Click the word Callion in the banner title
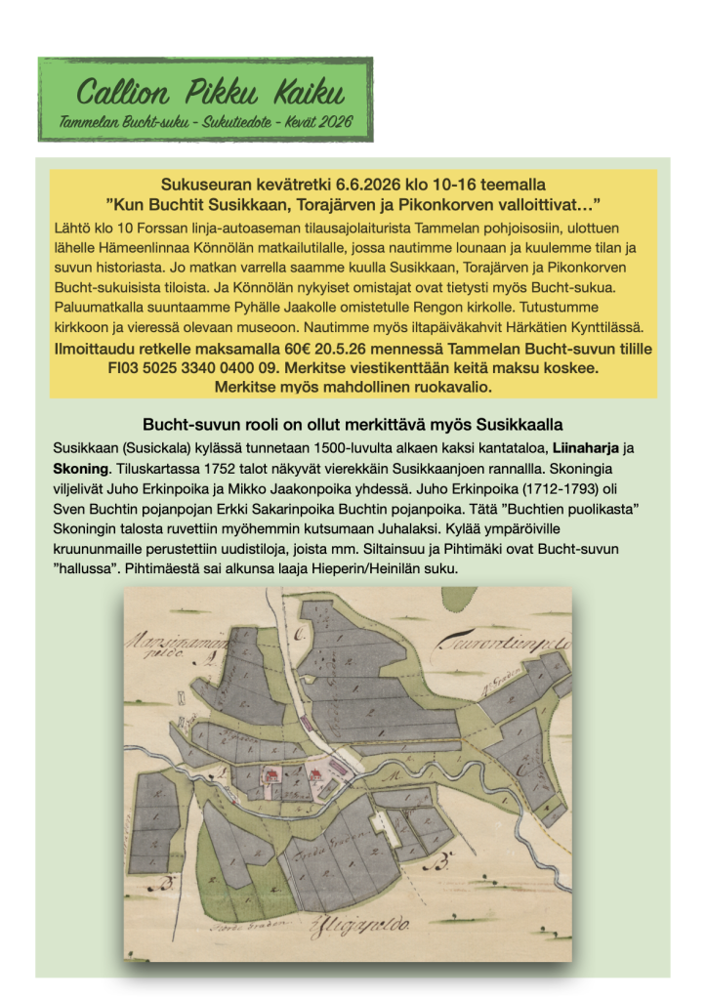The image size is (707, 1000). click(115, 94)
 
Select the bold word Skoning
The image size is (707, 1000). click(81, 469)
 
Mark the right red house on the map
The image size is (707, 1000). click(317, 775)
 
